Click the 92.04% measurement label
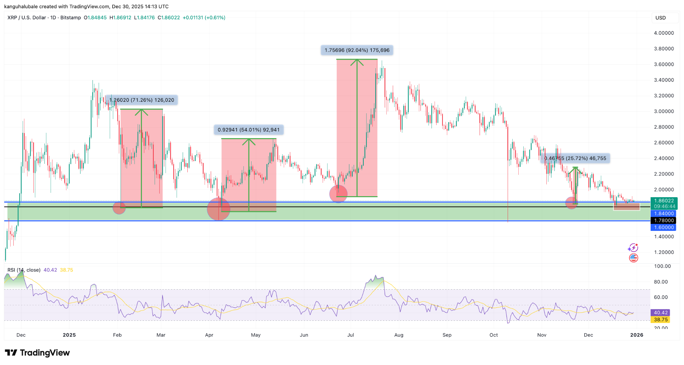click(357, 50)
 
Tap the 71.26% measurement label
click(142, 100)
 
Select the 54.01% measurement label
click(248, 130)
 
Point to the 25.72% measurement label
click(575, 158)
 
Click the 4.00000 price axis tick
click(664, 33)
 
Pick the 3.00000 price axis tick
click(664, 111)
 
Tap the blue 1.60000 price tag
click(664, 228)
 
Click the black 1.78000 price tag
click(664, 221)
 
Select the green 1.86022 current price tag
click(664, 201)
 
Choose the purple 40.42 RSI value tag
click(661, 313)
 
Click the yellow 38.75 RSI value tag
click(661, 320)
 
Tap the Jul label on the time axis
click(351, 335)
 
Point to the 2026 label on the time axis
click(637, 335)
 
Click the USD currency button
click(661, 18)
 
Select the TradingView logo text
click(37, 353)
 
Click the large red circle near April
click(218, 209)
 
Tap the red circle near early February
click(119, 208)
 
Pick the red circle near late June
click(338, 194)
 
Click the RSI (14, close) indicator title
click(24, 270)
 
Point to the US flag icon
click(633, 258)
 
